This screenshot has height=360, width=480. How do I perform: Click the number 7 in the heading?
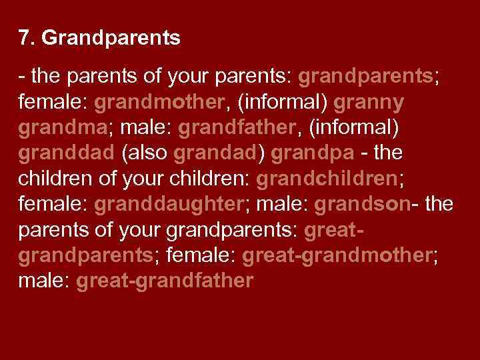[x=25, y=39]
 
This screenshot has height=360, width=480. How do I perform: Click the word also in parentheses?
[x=145, y=153]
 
